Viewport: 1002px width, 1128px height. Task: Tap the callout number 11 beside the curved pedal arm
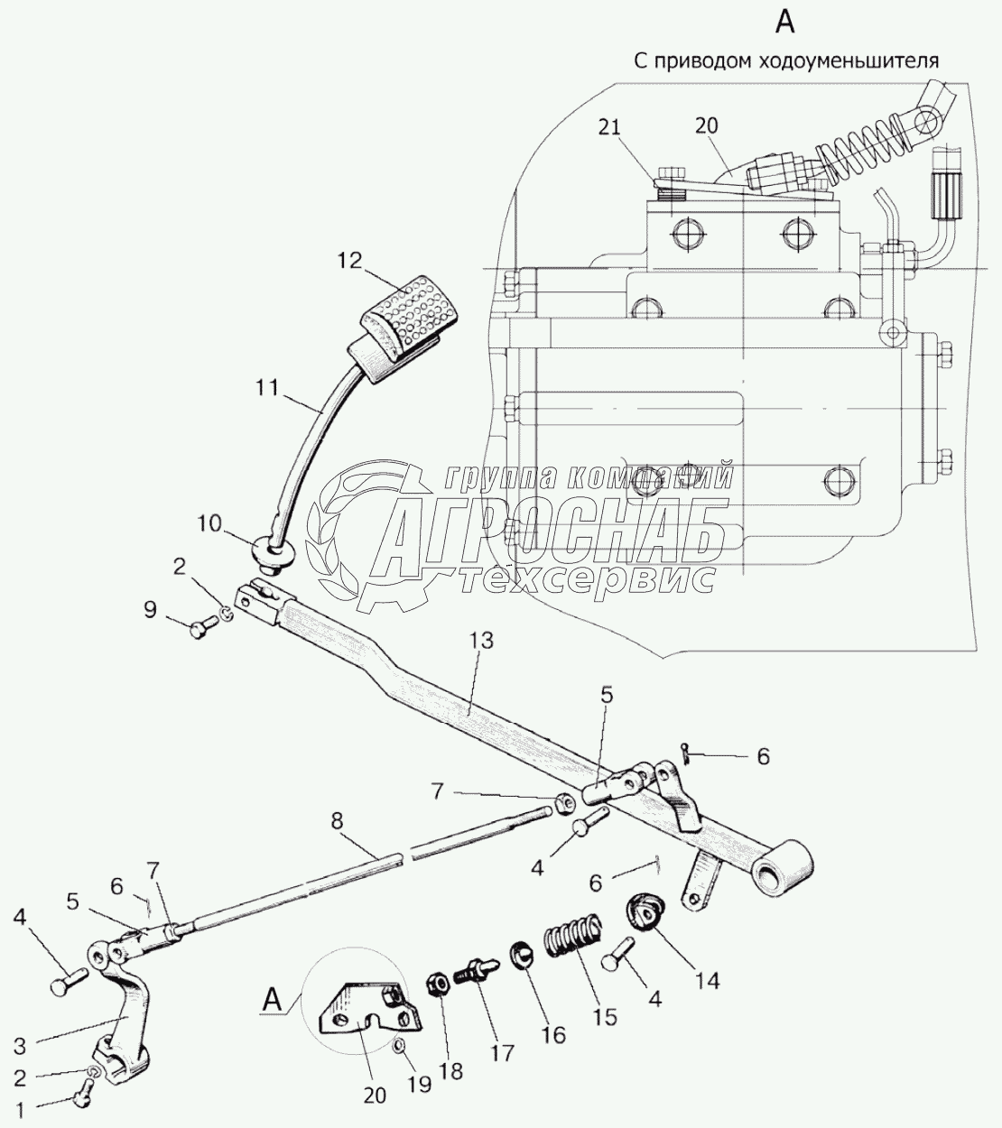[x=267, y=387]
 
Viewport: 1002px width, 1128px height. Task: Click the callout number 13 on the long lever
[x=481, y=641]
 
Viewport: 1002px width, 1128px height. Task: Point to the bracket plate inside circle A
[x=370, y=1007]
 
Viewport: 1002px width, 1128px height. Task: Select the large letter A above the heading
[x=785, y=23]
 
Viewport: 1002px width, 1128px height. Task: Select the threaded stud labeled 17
[x=474, y=972]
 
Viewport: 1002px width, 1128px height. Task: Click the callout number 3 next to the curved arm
[x=20, y=1046]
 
